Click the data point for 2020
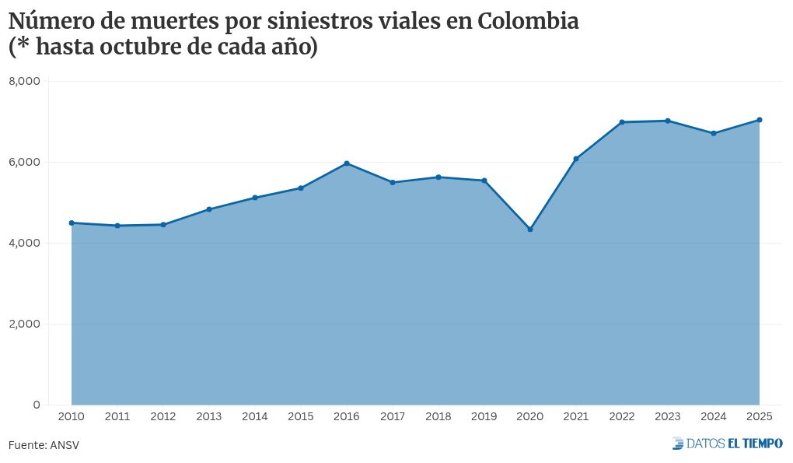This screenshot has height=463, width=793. [530, 230]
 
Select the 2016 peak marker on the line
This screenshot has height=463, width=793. [347, 163]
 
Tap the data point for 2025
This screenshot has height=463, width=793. [760, 120]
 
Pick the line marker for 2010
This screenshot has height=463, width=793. [72, 223]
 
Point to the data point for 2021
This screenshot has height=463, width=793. [576, 159]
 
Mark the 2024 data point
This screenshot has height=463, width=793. [714, 133]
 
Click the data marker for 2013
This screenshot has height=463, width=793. [209, 209]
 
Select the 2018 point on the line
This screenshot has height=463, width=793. [438, 177]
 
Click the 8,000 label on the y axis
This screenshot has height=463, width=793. [25, 81]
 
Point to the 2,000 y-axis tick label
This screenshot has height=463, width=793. [25, 324]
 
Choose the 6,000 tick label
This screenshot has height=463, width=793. [25, 162]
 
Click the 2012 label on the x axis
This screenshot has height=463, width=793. [163, 417]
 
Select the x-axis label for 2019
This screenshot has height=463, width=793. [484, 417]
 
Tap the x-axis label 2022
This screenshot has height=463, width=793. [622, 417]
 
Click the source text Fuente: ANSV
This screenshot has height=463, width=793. [44, 445]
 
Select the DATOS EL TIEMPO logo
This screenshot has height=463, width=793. [728, 444]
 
